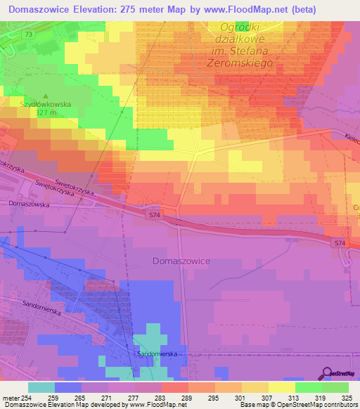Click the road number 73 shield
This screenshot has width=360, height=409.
pyautogui.click(x=27, y=34)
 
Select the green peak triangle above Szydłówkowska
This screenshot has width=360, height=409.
pyautogui.click(x=46, y=96)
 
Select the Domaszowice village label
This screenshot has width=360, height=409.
pyautogui.click(x=181, y=260)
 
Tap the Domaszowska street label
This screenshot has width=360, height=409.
pyautogui.click(x=27, y=203)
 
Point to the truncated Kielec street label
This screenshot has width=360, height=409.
pyautogui.click(x=352, y=138)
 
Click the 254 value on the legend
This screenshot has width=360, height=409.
pyautogui.click(x=25, y=397)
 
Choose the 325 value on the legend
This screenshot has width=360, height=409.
pyautogui.click(x=345, y=397)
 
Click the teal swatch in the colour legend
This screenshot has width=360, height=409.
pyautogui.click(x=41, y=387)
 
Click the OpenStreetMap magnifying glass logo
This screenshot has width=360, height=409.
pyautogui.click(x=327, y=373)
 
